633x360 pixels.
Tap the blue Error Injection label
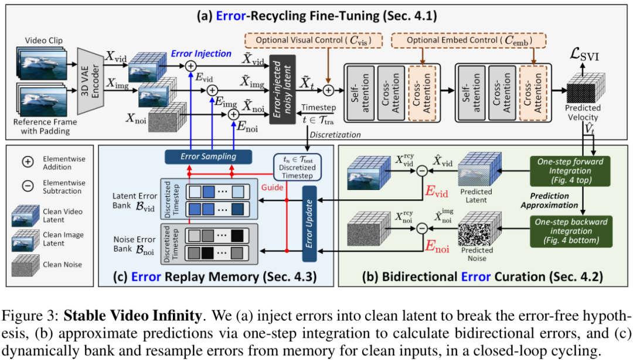pyautogui.click(x=202, y=53)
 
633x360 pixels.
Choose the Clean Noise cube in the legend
pyautogui.click(x=25, y=265)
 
